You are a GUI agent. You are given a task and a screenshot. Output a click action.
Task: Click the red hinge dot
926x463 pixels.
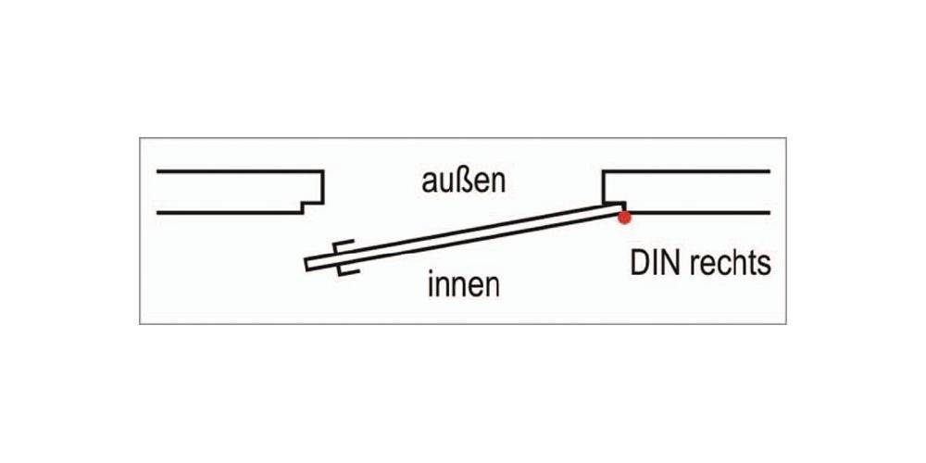[625, 218]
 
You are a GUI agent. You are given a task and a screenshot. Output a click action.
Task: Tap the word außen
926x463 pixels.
[464, 181]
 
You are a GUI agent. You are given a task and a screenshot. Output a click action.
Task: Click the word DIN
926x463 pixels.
[653, 264]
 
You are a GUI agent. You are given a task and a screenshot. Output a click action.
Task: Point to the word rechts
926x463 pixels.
[727, 264]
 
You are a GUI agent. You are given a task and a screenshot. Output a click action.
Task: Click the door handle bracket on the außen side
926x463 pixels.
[340, 245]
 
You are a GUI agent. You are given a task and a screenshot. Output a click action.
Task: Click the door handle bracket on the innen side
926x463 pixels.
[347, 271]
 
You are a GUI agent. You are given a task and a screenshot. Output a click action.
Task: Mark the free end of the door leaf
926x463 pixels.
[308, 264]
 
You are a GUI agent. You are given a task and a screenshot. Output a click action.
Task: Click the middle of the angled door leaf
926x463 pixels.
[463, 236]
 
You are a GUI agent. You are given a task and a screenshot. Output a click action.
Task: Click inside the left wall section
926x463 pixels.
[231, 192]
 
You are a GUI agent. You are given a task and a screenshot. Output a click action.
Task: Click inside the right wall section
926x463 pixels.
[694, 192]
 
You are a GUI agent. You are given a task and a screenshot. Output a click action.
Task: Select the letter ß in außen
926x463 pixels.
[463, 181]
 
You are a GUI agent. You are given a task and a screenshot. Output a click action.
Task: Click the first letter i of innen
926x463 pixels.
[431, 284]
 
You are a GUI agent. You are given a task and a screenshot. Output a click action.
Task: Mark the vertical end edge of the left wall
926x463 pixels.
[323, 185]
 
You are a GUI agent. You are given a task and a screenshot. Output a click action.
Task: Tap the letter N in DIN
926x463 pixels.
[667, 264]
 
